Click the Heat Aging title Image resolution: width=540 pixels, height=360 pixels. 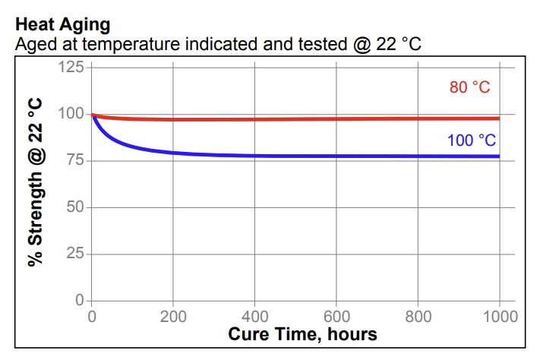point(62,24)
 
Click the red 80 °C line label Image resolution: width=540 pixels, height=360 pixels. point(469,87)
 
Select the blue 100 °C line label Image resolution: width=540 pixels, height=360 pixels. point(471,141)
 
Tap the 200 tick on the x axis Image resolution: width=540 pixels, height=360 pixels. point(173,316)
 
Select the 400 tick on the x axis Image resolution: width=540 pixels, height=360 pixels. point(254,316)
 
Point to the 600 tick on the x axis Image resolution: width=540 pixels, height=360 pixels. point(336,316)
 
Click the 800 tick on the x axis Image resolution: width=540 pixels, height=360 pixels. point(418,316)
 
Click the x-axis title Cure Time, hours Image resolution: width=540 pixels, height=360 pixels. point(302,334)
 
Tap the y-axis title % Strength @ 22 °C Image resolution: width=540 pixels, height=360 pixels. point(35,182)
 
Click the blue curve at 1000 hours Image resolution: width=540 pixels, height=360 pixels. point(498,156)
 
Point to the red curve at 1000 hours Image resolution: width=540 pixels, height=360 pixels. point(498,118)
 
